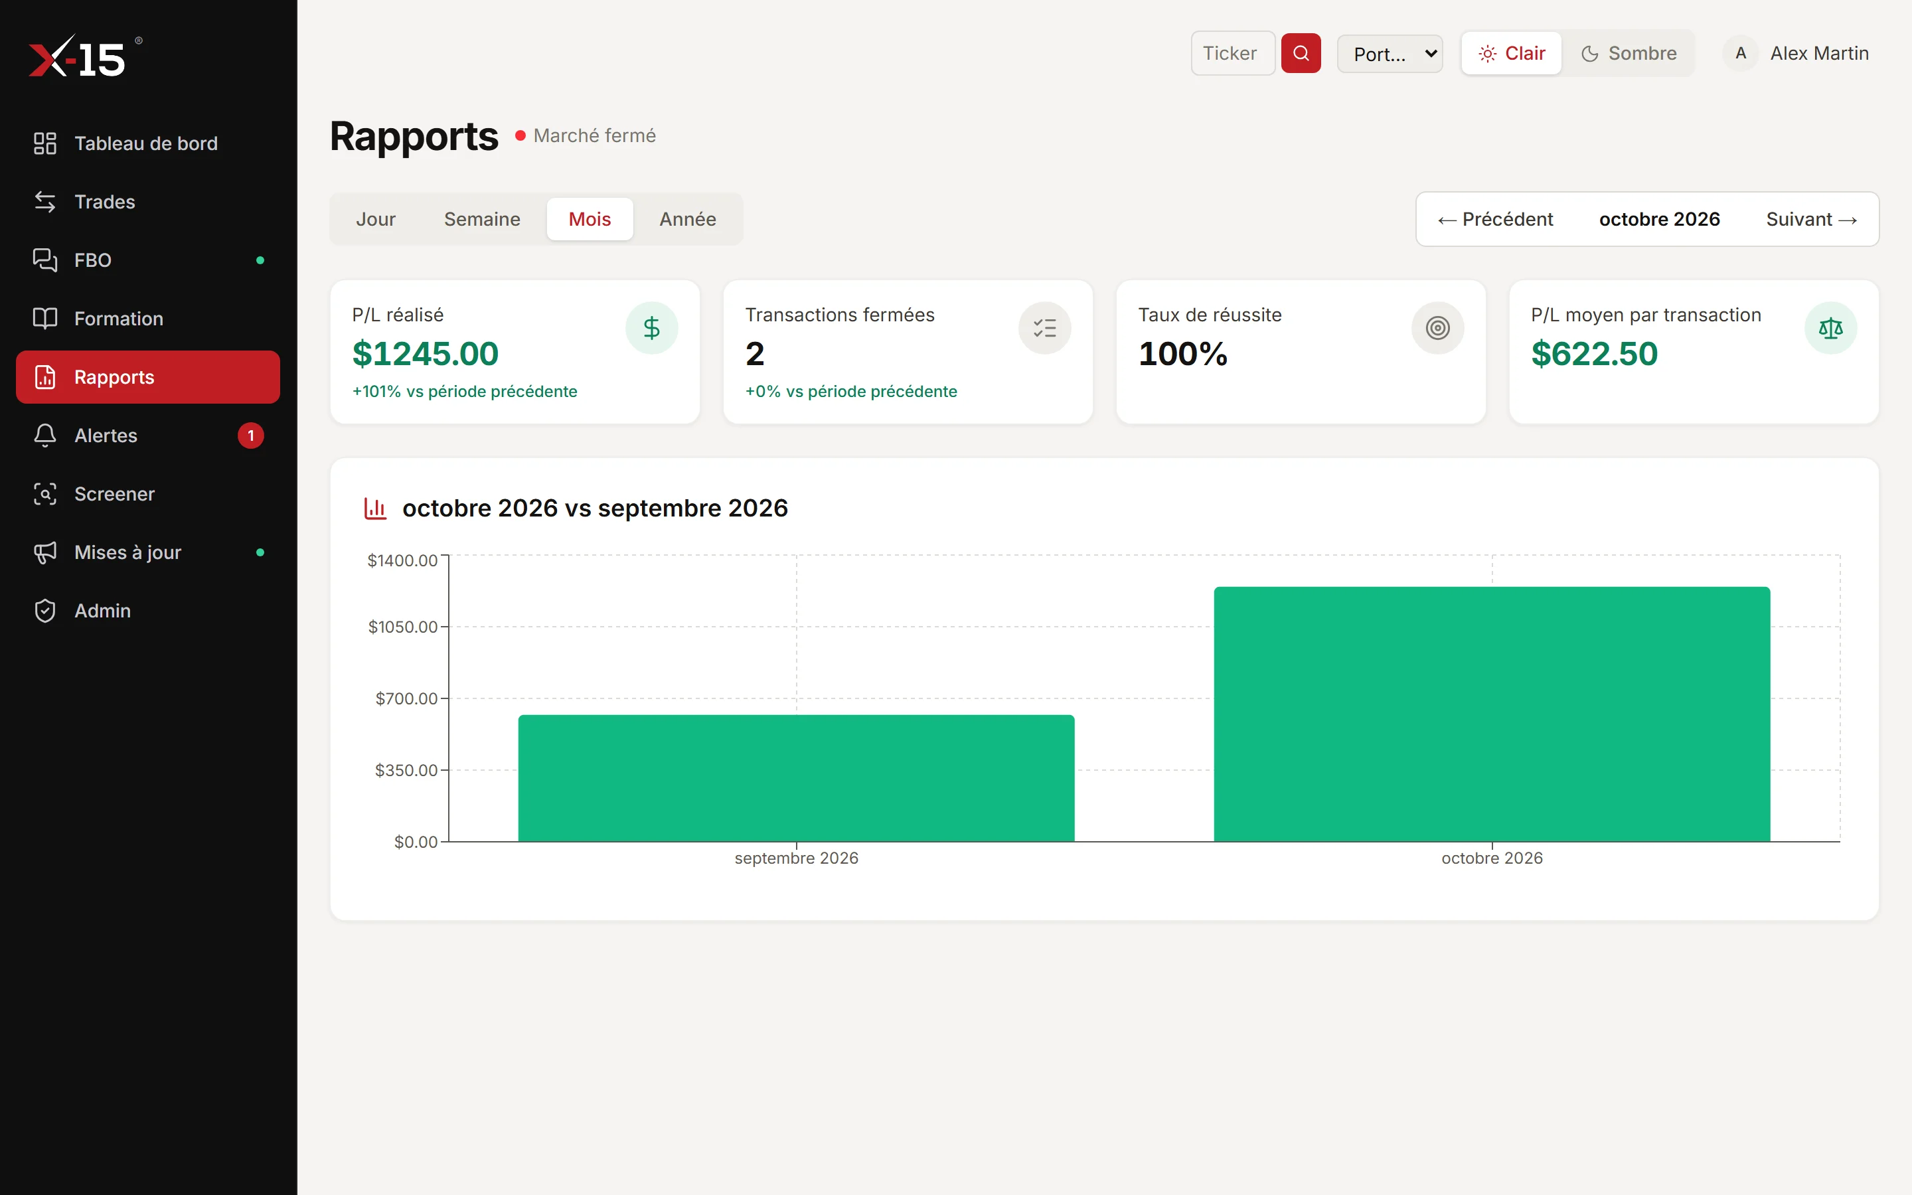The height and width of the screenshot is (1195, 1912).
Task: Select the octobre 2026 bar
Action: [x=1492, y=714]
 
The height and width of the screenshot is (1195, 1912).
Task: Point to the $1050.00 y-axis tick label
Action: [x=402, y=627]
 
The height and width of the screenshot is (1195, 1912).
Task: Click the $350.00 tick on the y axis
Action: [x=406, y=770]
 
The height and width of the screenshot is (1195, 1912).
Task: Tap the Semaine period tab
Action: [x=482, y=219]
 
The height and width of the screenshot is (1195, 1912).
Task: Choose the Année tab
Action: [x=687, y=219]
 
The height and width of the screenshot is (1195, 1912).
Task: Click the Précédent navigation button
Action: [x=1495, y=219]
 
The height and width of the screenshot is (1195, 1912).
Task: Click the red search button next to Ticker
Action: [x=1301, y=53]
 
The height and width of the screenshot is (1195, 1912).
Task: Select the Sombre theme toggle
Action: [x=1629, y=53]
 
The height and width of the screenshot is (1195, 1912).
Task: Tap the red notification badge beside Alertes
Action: [x=250, y=436]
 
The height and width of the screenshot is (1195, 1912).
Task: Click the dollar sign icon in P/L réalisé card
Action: [x=651, y=328]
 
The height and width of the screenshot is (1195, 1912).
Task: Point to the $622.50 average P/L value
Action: [x=1593, y=353]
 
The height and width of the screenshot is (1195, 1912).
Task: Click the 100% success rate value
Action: [x=1183, y=353]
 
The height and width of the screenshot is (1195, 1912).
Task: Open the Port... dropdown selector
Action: [x=1390, y=54]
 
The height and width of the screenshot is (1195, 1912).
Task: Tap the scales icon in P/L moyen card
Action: [x=1830, y=328]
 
